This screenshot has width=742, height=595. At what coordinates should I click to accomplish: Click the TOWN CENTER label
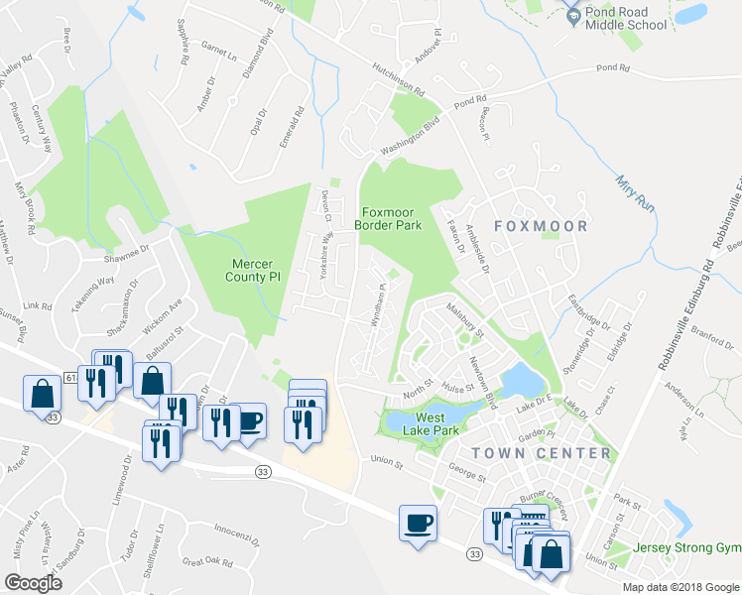(x=542, y=453)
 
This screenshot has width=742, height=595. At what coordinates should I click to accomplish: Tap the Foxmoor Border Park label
(x=391, y=218)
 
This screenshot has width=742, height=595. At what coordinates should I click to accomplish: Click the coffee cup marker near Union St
(x=418, y=522)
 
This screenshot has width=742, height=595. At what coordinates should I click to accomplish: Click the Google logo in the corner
(x=33, y=583)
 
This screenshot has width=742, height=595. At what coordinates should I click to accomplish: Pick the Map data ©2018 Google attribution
(x=680, y=587)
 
